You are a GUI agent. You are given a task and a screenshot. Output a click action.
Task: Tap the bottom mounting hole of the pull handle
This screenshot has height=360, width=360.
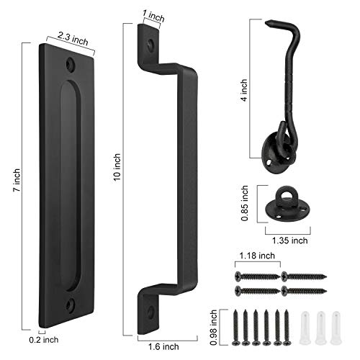point(149,312)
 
